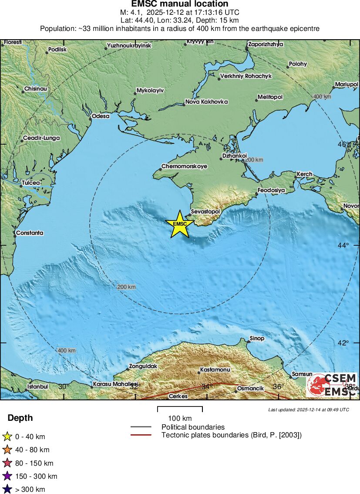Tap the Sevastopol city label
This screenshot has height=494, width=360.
pyautogui.click(x=206, y=212)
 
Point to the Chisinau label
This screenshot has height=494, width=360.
pyautogui.click(x=35, y=88)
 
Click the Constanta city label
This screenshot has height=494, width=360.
pyautogui.click(x=30, y=233)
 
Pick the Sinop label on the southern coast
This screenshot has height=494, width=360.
pyautogui.click(x=257, y=338)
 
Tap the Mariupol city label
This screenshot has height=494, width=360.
pyautogui.click(x=347, y=84)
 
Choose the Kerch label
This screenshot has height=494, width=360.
pyautogui.click(x=304, y=174)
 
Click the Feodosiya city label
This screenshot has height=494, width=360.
pyautogui.click(x=271, y=190)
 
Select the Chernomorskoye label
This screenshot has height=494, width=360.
pyautogui.click(x=184, y=166)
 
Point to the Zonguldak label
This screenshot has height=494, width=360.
pyautogui.click(x=142, y=366)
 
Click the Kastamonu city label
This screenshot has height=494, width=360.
pyautogui.click(x=215, y=370)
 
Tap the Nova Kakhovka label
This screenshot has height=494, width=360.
pyautogui.click(x=206, y=102)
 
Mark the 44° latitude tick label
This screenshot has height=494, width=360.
pyautogui.click(x=343, y=246)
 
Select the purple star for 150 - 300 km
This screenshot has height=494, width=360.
pyautogui.click(x=7, y=476)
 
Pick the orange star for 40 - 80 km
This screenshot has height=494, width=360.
pyautogui.click(x=7, y=450)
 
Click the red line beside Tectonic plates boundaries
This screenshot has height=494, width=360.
pyautogui.click(x=141, y=435)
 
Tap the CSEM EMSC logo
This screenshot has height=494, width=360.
pyautogui.click(x=332, y=385)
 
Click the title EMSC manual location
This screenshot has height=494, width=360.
pyautogui.click(x=180, y=4)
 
